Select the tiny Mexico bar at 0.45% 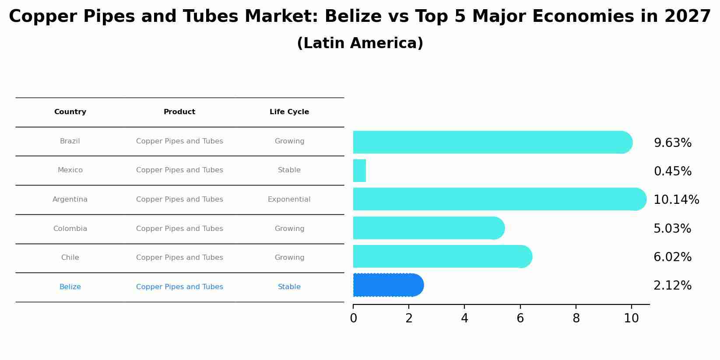tap(359, 171)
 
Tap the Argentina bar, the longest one tap(499, 199)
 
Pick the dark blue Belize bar tap(388, 285)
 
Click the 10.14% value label tap(676, 200)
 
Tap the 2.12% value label tap(672, 286)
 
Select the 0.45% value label tap(672, 171)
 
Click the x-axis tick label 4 tap(464, 318)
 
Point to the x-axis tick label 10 tap(631, 318)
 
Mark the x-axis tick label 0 tap(353, 318)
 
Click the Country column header tap(70, 112)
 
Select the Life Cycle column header tap(289, 112)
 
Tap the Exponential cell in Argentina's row tap(289, 199)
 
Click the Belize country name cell tap(70, 287)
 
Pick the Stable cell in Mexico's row tap(289, 170)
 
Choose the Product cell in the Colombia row tap(179, 229)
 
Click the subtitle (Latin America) tap(360, 43)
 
